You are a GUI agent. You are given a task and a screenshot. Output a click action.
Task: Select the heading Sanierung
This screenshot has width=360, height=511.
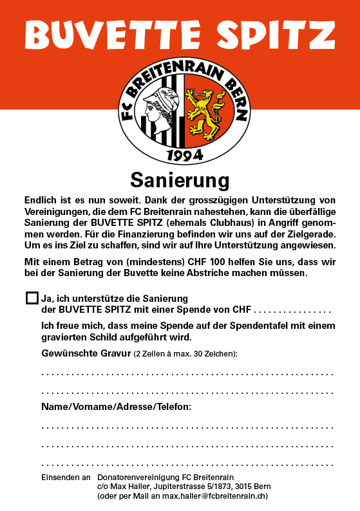coord(180,178)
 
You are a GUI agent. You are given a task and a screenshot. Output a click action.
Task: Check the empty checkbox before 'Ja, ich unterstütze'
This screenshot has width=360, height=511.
coord(32,297)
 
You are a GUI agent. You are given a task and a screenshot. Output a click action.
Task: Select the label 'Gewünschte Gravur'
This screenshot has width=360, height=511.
coord(86,353)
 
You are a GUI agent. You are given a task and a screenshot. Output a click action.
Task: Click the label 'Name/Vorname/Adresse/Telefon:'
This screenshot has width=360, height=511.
coord(116,407)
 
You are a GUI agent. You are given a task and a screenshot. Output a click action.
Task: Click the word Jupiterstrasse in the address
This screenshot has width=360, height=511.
coord(166,487)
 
